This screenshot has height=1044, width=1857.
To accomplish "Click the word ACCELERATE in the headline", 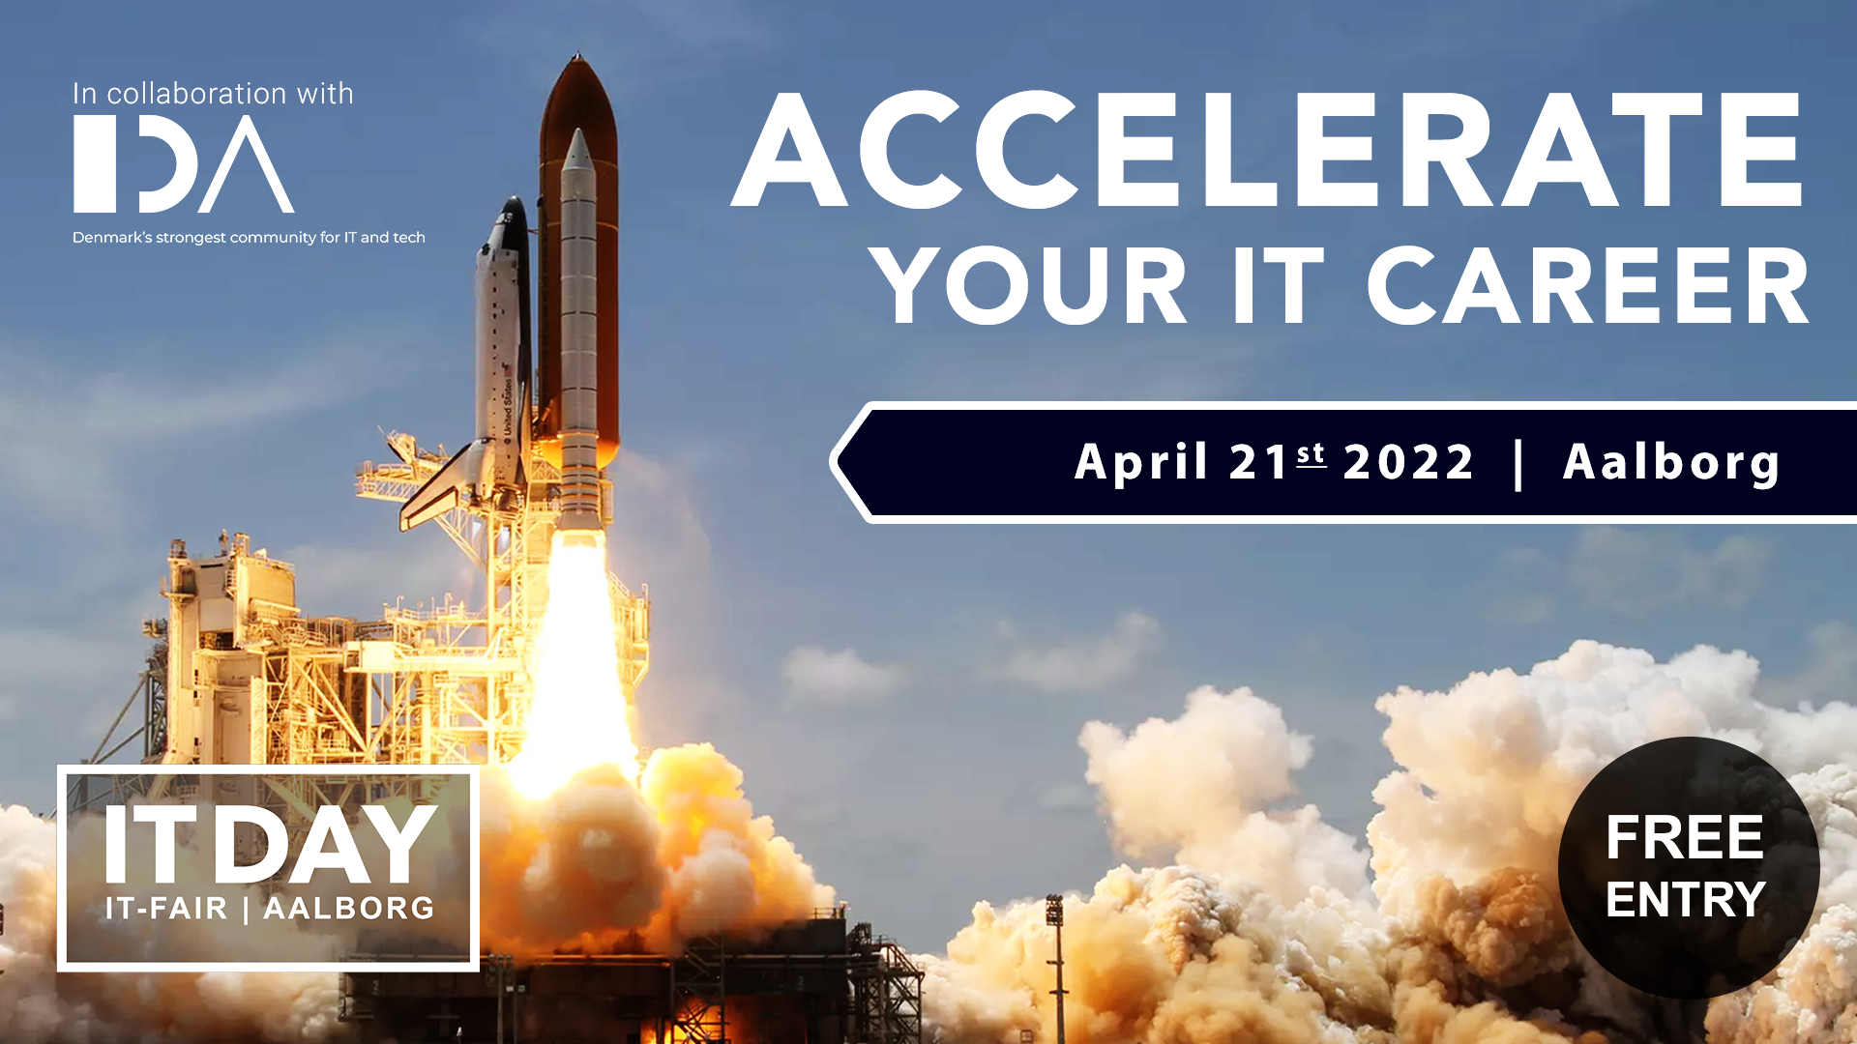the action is (x=1267, y=151).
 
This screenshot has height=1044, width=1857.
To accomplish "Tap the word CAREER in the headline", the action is (x=1588, y=286).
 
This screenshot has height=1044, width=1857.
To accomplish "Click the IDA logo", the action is (x=184, y=163).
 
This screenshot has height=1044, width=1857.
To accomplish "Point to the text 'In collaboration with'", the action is (x=213, y=94).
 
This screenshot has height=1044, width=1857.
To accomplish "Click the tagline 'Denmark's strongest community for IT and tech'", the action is (x=249, y=238).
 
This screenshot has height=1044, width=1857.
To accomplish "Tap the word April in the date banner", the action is (x=1141, y=462).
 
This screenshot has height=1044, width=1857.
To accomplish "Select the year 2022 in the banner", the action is (x=1409, y=462).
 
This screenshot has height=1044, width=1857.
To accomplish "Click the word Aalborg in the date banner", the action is (x=1671, y=463).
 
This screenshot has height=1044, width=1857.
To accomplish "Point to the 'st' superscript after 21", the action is (x=1312, y=453).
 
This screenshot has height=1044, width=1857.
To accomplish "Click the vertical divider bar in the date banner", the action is (x=1518, y=465).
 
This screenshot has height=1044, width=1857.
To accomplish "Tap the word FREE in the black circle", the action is (x=1684, y=837).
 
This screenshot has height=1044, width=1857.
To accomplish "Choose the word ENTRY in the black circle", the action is (x=1686, y=900).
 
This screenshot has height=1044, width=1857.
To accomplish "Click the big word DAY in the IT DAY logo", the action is (x=325, y=844).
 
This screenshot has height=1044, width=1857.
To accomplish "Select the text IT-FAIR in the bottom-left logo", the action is (x=166, y=909).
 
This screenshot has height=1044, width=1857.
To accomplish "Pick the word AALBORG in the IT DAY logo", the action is (x=349, y=909).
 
